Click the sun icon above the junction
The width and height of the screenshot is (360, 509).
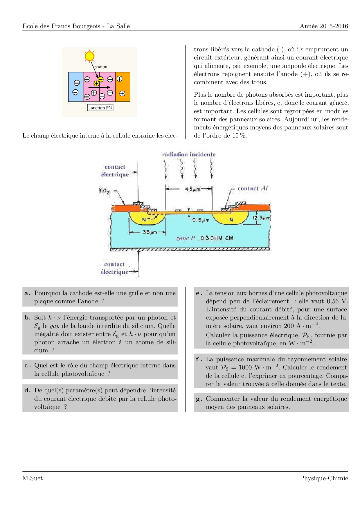click(89, 56)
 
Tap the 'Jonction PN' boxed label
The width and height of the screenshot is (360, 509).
click(100, 108)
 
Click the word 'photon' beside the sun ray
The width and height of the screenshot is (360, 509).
click(101, 67)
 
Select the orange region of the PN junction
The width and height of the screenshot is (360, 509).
click(123, 87)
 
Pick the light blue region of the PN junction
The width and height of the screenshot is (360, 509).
click(75, 87)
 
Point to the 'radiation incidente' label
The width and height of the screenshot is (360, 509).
click(189, 154)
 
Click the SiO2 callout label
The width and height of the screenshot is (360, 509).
click(104, 191)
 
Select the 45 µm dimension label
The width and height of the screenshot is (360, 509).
click(193, 189)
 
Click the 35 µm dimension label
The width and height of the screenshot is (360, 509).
click(150, 232)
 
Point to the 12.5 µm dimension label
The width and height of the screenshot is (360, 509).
click(262, 218)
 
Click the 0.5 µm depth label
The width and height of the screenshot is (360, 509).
click(201, 220)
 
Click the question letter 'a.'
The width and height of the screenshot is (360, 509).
click(28, 293)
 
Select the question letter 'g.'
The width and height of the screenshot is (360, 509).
click(199, 399)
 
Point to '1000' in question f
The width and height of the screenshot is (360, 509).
click(245, 367)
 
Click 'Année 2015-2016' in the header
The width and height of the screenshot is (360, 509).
click(324, 26)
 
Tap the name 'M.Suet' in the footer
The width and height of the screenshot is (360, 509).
click(33, 478)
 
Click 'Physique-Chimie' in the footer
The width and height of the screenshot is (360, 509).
click(324, 478)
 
